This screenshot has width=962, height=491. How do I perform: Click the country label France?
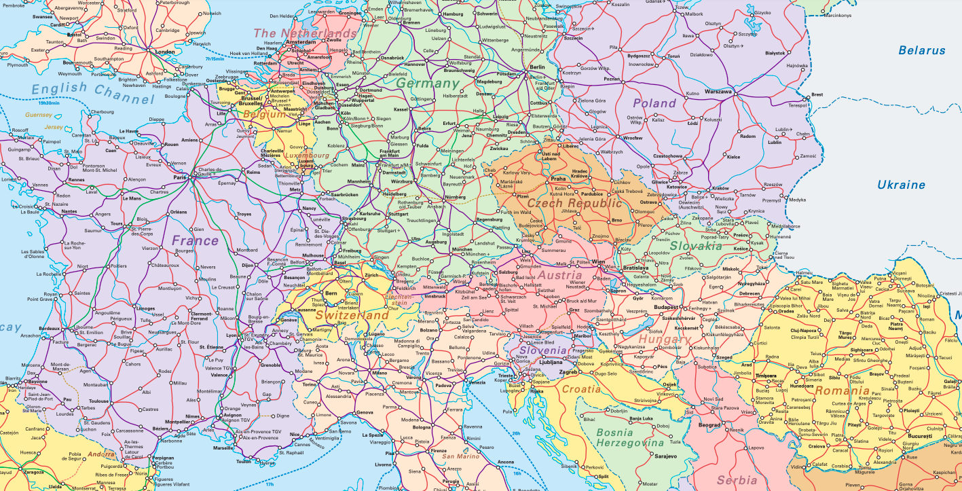(195, 240)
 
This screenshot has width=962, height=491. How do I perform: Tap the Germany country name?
(428, 84)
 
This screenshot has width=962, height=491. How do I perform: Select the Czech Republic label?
(574, 203)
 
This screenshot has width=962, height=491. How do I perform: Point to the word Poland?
(654, 103)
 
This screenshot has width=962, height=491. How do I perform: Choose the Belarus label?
(921, 50)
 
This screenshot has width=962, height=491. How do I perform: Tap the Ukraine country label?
(901, 185)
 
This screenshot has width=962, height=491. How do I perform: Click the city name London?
(166, 52)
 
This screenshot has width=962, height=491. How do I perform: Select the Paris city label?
(180, 177)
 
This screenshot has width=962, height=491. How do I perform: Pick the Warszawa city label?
(718, 91)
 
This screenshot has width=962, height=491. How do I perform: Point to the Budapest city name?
(667, 308)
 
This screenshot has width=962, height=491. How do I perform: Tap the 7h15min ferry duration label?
(215, 59)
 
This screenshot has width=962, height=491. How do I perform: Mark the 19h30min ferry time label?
(49, 103)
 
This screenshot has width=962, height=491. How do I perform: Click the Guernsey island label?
(38, 115)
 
